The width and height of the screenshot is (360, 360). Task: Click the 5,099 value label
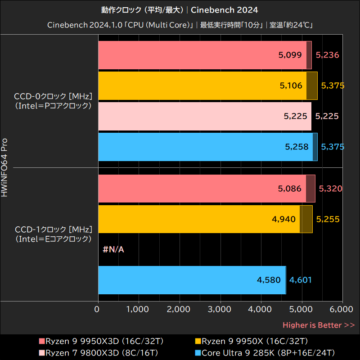290,55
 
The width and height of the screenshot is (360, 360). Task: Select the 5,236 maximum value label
327,55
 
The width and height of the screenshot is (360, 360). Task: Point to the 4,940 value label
284,219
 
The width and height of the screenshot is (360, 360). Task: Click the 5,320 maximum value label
330,189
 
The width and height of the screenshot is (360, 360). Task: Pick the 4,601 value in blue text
300,280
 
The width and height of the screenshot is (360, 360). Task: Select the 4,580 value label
269,280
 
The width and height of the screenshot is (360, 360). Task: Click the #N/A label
113,249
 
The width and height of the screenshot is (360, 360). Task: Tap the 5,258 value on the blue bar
297,147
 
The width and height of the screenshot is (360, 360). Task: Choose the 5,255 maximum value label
328,219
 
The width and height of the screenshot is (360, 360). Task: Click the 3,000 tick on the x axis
220,309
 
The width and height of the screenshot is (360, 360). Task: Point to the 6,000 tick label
342,309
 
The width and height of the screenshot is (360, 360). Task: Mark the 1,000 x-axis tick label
138,309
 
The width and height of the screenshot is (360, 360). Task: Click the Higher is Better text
319,325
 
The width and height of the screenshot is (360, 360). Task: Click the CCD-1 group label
53,234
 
